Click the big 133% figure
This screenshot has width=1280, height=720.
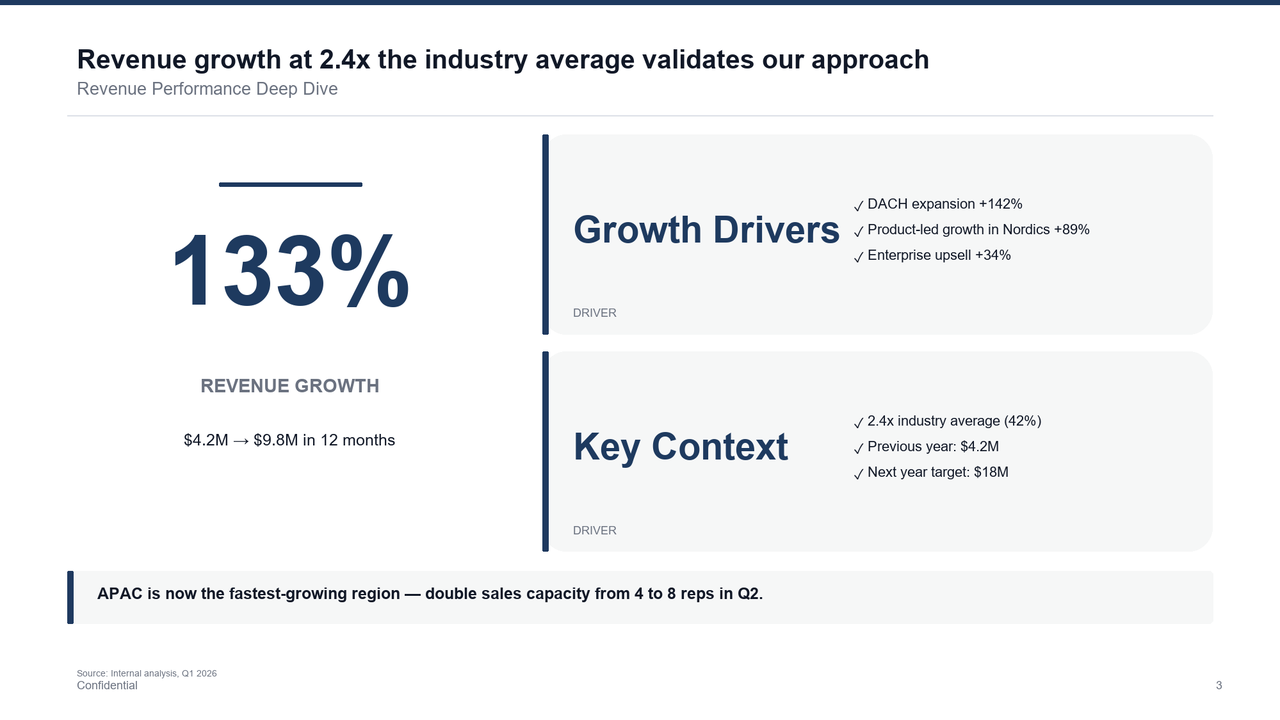pos(290,272)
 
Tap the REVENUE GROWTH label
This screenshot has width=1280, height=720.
pos(290,386)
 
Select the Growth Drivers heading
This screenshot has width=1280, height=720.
pos(706,230)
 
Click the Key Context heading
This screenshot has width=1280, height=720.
pos(680,447)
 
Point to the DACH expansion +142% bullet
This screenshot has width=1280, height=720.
pos(944,204)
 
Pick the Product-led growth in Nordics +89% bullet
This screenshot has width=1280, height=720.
pos(978,230)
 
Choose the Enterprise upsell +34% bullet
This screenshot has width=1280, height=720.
pos(938,255)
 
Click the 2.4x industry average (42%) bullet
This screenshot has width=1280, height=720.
pos(954,421)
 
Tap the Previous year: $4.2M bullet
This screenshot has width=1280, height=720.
pos(932,447)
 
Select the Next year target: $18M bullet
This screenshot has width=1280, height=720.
pos(937,472)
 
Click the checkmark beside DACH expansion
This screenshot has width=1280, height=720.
pos(859,206)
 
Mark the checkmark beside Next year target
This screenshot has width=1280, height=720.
pos(859,474)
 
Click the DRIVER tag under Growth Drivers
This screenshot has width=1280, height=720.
pos(595,313)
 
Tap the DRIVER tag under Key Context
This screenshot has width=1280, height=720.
pos(595,530)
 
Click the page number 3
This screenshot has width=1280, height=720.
pos(1219,685)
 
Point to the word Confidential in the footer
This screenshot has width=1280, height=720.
pos(107,685)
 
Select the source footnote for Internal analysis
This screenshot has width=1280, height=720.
pos(147,673)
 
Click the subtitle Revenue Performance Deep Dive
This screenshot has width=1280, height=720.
pos(207,89)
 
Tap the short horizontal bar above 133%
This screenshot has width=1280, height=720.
pos(290,184)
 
